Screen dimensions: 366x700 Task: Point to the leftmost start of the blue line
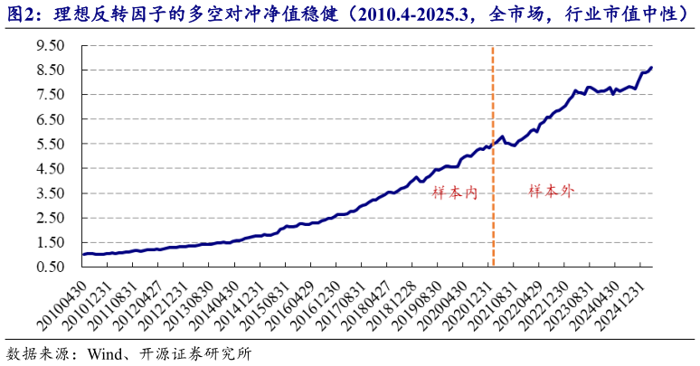pos(83,255)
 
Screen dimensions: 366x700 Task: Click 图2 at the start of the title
pos(22,14)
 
